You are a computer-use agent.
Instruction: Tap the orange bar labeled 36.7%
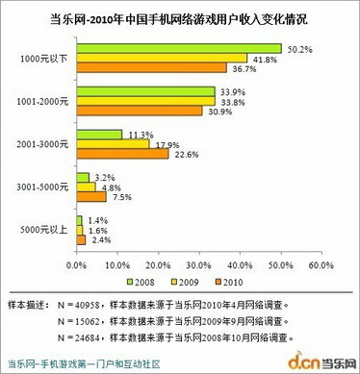pyautogui.click(x=150, y=68)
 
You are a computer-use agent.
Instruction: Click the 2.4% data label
pyautogui.click(x=99, y=240)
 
